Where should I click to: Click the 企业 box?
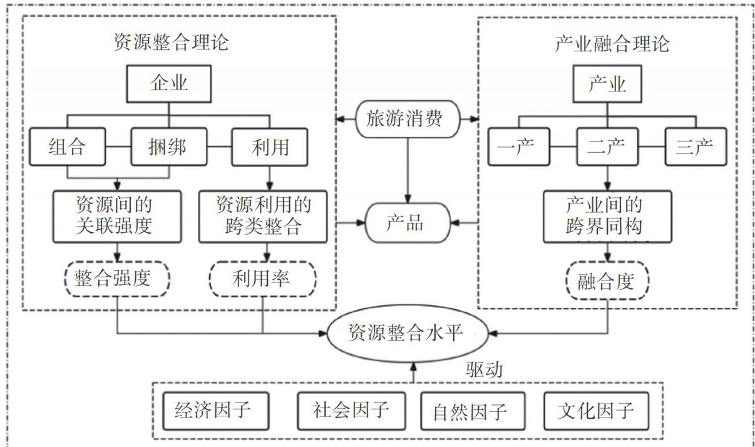[169, 84]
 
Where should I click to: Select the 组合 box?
[67, 147]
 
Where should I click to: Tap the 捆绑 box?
[168, 147]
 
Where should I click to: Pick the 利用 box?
[270, 147]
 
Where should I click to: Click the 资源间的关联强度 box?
[117, 216]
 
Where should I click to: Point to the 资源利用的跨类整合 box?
[262, 216]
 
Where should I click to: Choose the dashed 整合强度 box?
[117, 279]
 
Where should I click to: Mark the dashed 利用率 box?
[262, 279]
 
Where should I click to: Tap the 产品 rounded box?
[408, 223]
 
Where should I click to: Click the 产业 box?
[607, 84]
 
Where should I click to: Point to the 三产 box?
[694, 147]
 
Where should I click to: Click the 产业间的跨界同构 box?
[607, 216]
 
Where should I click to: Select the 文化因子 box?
[595, 411]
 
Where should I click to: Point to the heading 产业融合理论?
[612, 44]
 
